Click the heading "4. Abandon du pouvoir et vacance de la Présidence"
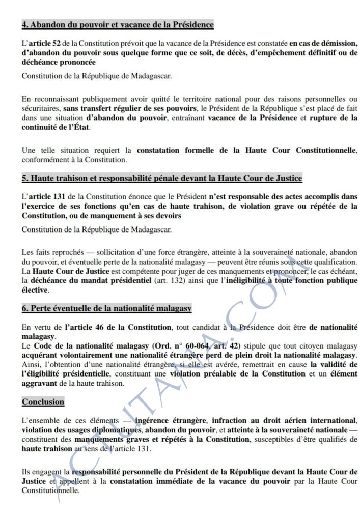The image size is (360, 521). (x=118, y=24)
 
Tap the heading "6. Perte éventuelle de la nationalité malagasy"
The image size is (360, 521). (x=106, y=308)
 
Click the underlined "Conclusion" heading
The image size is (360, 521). (x=43, y=401)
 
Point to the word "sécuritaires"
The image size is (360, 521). (x=40, y=108)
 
